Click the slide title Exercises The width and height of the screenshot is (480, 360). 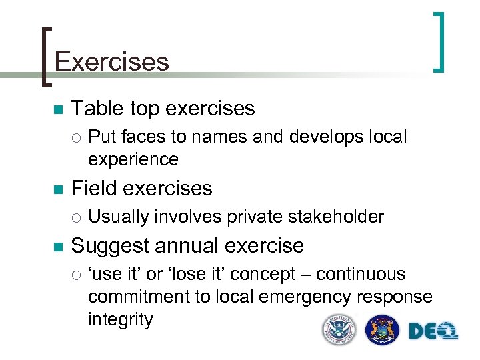pos(111,62)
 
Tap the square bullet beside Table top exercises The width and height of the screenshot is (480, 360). pos(58,109)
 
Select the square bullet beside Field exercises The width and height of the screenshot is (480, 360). pos(58,189)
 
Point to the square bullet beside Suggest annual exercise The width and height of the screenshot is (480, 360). pos(58,246)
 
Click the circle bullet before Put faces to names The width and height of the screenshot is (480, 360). pos(77,138)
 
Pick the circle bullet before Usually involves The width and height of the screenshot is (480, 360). pos(77,217)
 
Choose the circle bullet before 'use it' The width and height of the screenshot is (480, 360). pos(77,275)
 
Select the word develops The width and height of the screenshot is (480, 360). pos(328,137)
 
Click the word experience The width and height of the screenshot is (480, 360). pos(133,159)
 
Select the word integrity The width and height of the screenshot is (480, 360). pos(120,319)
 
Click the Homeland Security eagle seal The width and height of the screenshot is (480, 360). pos(339,330)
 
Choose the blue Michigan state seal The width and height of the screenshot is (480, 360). pos(383,330)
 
